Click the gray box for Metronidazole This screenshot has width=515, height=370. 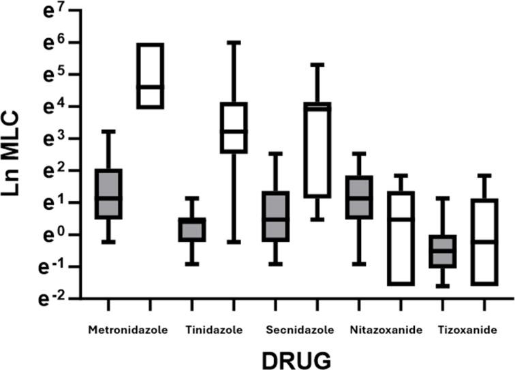pyautogui.click(x=108, y=194)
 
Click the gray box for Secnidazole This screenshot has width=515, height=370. pyautogui.click(x=275, y=216)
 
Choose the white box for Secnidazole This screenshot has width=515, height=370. pyautogui.click(x=317, y=150)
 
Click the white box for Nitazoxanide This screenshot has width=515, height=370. pyautogui.click(x=401, y=238)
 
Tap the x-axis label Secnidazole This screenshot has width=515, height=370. pyautogui.click(x=300, y=330)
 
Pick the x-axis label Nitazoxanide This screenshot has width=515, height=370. pyautogui.click(x=386, y=330)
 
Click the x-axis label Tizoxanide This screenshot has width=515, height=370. pyautogui.click(x=467, y=330)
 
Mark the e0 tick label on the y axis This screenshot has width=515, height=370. pyautogui.click(x=50, y=236)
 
